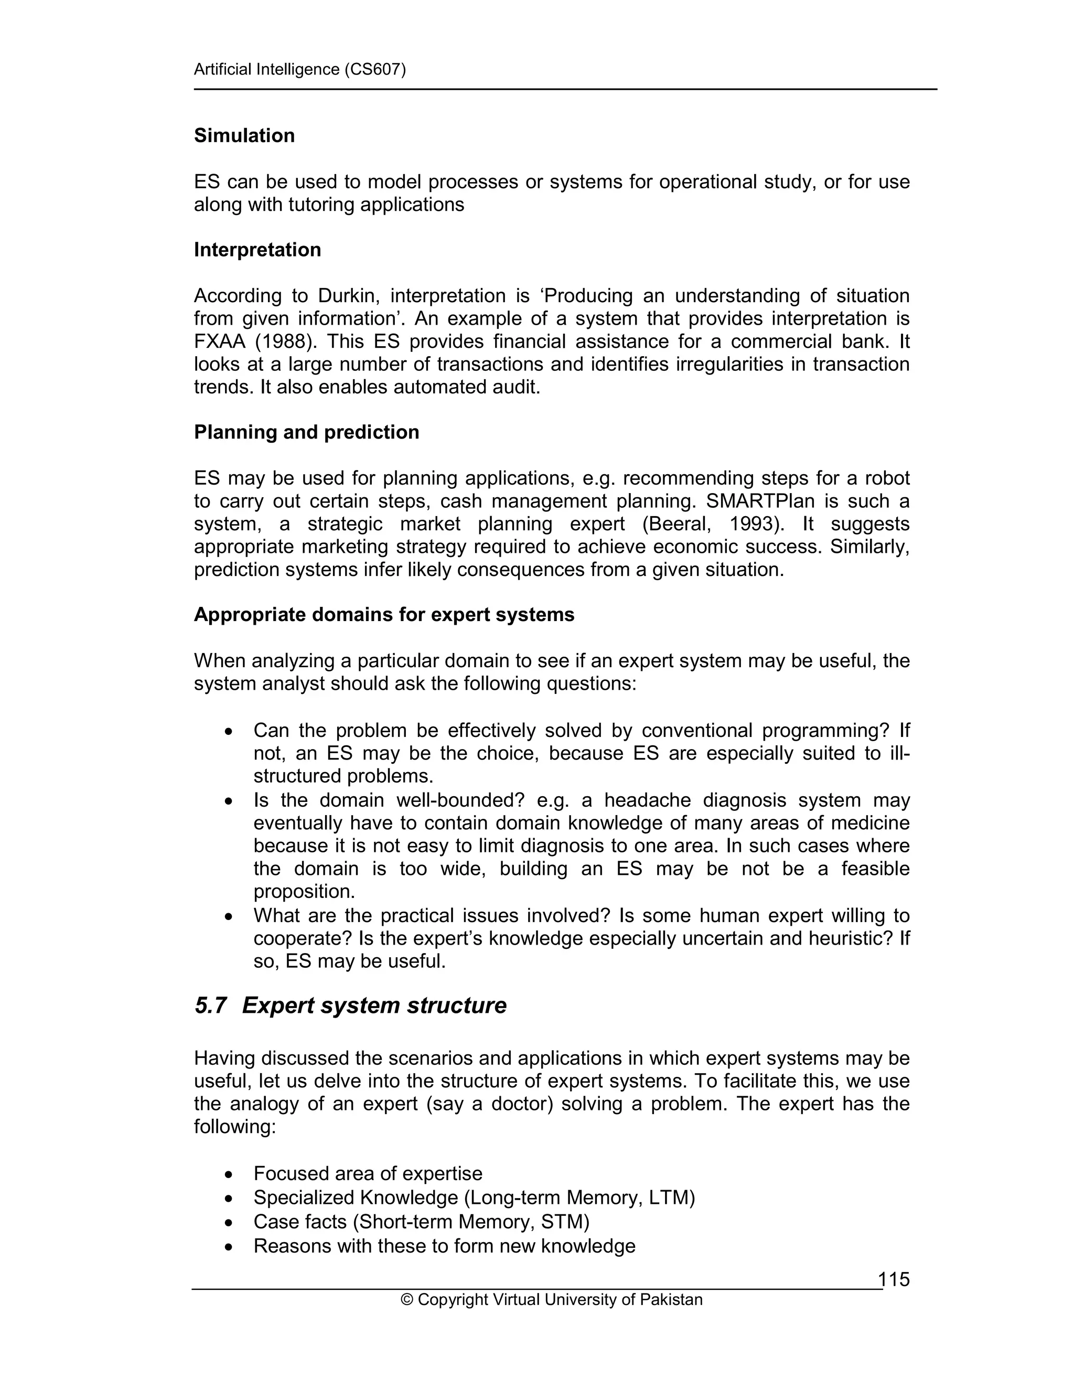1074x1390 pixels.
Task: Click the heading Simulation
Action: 244,135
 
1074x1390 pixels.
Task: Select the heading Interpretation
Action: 257,250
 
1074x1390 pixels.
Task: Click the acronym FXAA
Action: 220,342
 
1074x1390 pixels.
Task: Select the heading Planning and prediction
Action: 306,432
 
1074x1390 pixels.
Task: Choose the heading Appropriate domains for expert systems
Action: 384,615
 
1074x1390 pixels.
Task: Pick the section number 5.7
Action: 211,1006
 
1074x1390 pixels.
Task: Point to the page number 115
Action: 894,1279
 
